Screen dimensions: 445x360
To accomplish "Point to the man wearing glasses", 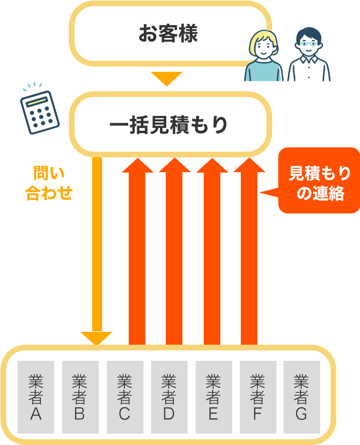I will [x=309, y=54].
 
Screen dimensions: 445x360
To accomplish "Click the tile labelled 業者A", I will [x=36, y=397].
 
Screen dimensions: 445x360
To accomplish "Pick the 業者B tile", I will [x=80, y=397].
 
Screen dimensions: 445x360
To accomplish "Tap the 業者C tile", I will [x=124, y=397].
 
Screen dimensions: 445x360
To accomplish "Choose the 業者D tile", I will [x=169, y=397].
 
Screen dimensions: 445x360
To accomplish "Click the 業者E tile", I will [x=213, y=397].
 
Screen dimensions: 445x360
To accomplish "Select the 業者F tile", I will [x=257, y=397].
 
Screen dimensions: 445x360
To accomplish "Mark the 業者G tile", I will [x=302, y=397].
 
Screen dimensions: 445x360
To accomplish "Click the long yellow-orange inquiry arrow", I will [x=97, y=247].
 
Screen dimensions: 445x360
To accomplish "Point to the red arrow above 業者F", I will [x=249, y=252].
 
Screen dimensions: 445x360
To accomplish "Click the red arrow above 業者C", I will [x=137, y=252].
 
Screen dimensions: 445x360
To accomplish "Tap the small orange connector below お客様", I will [x=166, y=79].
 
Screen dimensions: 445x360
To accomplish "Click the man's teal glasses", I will [x=309, y=43].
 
